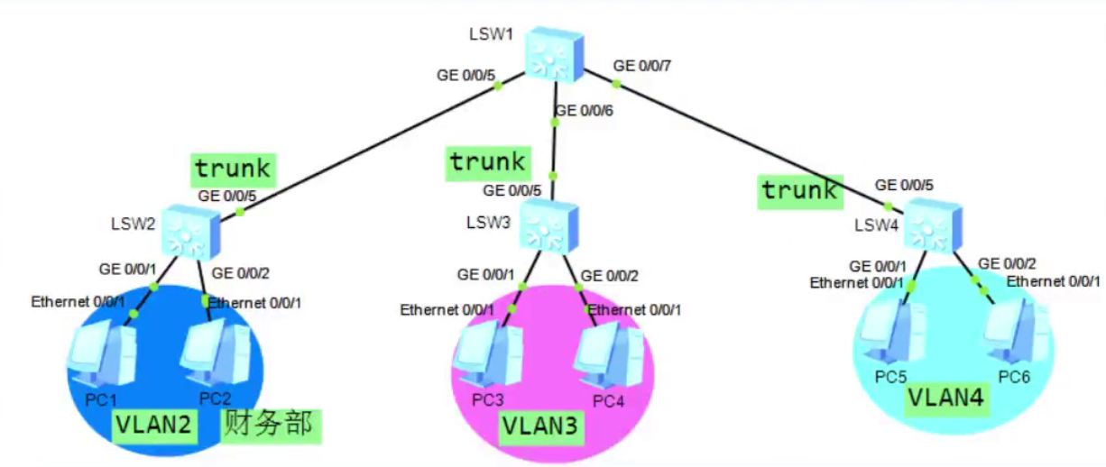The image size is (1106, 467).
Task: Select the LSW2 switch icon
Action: [190, 231]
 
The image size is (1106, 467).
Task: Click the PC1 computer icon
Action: [101, 354]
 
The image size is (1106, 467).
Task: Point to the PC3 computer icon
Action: [489, 353]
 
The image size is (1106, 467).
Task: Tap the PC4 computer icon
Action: [611, 355]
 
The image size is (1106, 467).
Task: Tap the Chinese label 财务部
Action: [272, 424]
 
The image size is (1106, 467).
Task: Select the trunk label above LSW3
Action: [488, 162]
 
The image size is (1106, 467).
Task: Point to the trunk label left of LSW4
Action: [799, 190]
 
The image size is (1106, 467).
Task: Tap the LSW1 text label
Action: [491, 34]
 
